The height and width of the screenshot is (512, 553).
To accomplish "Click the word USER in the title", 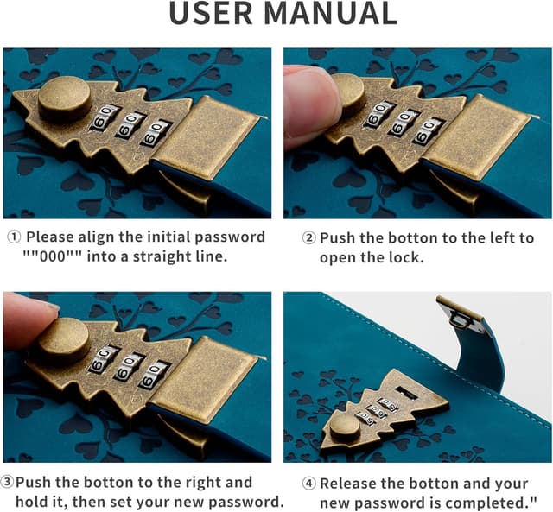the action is [x=211, y=13].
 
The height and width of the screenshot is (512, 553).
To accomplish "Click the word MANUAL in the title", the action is [x=330, y=13].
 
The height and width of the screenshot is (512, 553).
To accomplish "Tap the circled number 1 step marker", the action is [x=14, y=237].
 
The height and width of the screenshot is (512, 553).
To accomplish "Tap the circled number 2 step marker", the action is [x=309, y=238].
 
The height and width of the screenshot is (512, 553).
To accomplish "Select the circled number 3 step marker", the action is [x=7, y=482].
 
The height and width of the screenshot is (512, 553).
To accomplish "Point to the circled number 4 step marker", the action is [x=309, y=484].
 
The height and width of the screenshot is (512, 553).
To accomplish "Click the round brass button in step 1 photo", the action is [x=64, y=98].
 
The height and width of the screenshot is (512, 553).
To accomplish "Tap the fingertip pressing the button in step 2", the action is [x=310, y=105].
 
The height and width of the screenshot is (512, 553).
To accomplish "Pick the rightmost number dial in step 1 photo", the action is [x=155, y=133].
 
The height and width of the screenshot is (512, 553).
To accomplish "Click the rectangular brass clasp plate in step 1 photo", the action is [x=207, y=136].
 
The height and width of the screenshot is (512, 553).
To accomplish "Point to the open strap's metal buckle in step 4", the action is [x=459, y=314].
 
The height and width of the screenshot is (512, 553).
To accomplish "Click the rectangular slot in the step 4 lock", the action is [x=405, y=392].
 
